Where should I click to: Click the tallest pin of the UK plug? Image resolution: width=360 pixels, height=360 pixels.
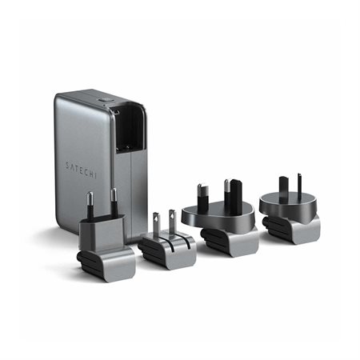235,195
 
